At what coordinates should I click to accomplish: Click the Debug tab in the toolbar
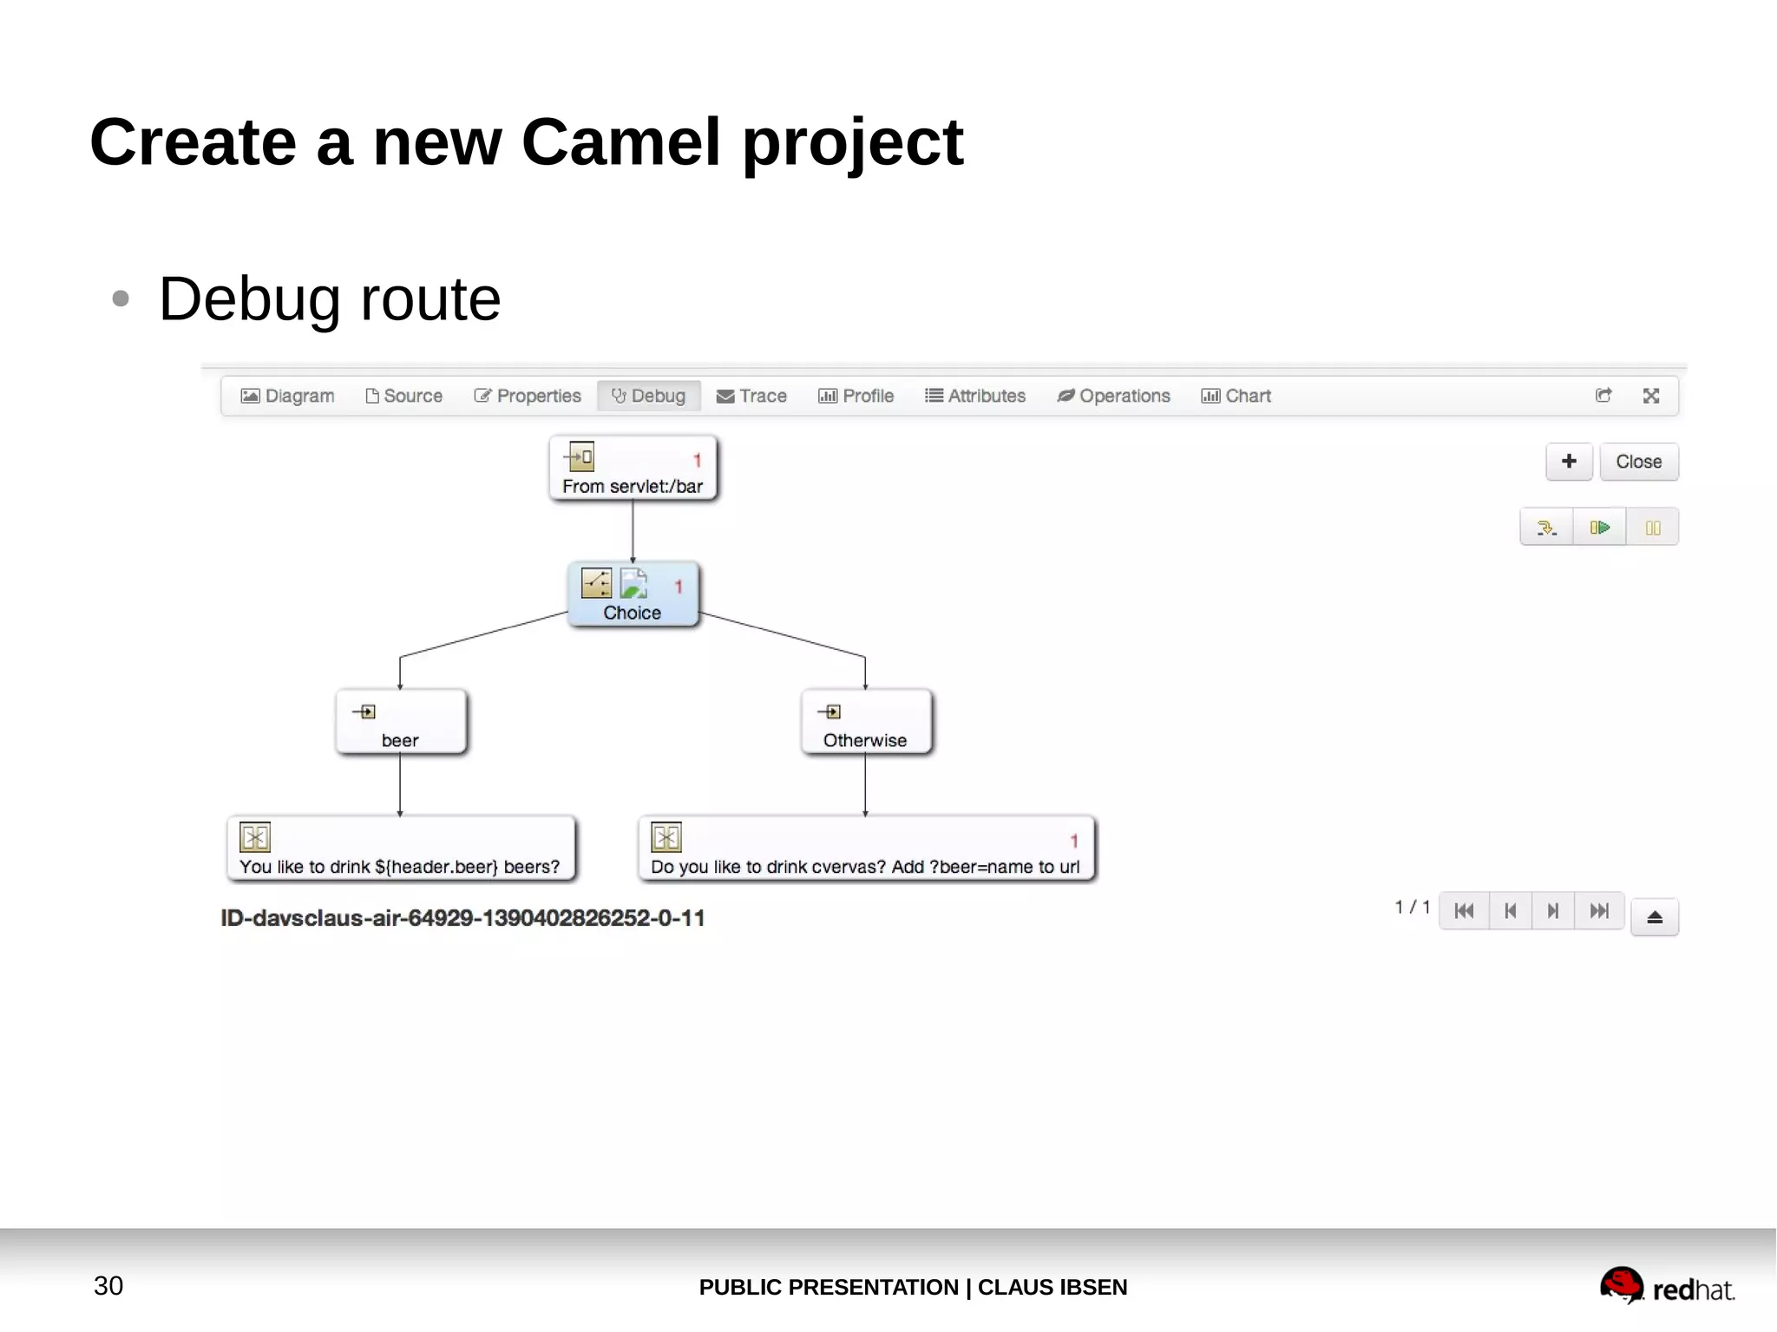[x=648, y=396]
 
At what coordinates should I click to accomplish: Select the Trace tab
[x=751, y=396]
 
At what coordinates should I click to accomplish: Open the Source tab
[x=403, y=396]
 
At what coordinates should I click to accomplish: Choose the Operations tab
[x=1113, y=396]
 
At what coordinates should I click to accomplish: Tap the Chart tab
[x=1236, y=396]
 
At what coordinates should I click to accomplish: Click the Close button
[x=1638, y=462]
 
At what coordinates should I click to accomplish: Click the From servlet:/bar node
[x=633, y=469]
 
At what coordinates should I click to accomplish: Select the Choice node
[x=633, y=594]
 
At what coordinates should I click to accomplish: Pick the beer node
[x=400, y=722]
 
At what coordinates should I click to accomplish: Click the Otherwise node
[x=865, y=722]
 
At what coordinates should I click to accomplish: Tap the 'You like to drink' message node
[x=400, y=849]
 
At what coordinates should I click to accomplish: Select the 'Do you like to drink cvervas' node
[x=865, y=849]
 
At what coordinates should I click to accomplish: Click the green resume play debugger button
[x=1599, y=528]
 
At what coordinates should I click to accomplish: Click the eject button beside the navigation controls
[x=1654, y=917]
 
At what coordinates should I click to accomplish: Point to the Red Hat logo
[x=1666, y=1287]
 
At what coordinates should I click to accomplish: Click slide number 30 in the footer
[x=108, y=1286]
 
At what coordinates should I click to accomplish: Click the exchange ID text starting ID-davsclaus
[x=462, y=918]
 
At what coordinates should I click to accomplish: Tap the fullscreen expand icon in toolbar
[x=1650, y=396]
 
